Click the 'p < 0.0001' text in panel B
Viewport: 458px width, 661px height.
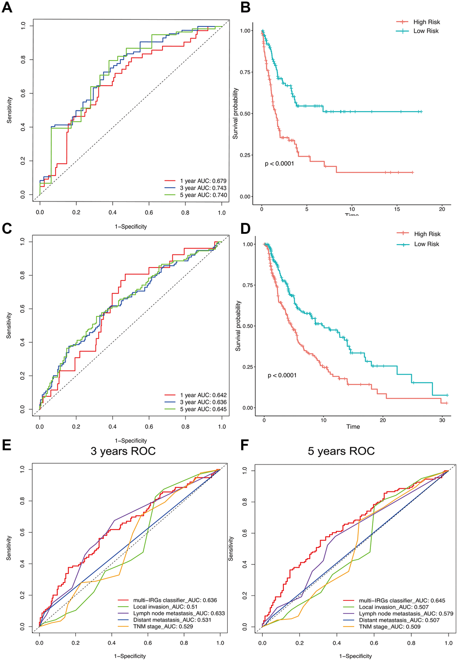pos(279,164)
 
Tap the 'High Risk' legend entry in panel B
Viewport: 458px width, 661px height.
pos(426,22)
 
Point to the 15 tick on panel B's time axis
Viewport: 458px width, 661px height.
pos(397,209)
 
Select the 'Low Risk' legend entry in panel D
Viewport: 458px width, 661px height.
pos(426,244)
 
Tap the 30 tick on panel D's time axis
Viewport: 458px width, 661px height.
pos(442,420)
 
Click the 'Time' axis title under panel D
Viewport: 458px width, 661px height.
pos(353,427)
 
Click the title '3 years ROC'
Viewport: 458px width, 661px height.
pos(123,451)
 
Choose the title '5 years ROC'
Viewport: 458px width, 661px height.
pos(341,451)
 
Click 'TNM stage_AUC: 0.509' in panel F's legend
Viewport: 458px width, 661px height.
pos(389,627)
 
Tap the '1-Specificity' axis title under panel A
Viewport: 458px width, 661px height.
pos(131,227)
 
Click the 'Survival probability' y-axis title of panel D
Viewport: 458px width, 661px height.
pos(238,326)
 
